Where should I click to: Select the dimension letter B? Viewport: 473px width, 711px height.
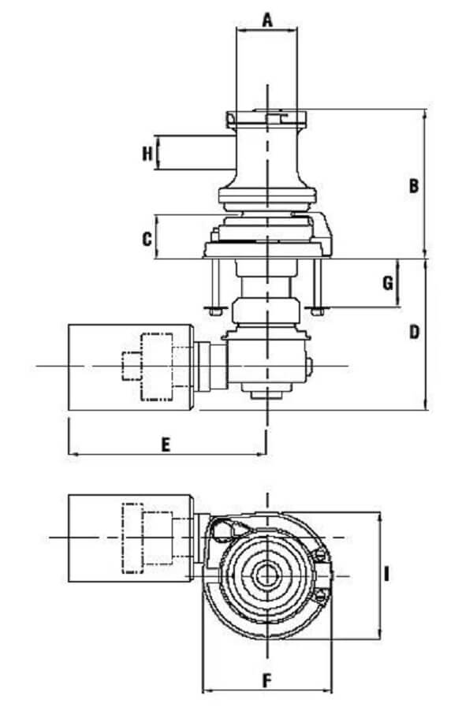coord(412,186)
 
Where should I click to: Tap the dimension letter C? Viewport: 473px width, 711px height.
coord(147,240)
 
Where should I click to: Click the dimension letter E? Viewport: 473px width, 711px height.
coord(166,445)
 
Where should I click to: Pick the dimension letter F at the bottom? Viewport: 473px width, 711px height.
coord(266,679)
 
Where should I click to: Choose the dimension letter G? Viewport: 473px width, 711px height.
coord(387,283)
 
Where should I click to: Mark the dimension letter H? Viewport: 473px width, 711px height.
coord(147,154)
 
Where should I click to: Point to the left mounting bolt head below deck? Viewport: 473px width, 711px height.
coord(213,309)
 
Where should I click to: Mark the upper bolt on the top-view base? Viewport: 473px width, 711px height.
coord(320,558)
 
